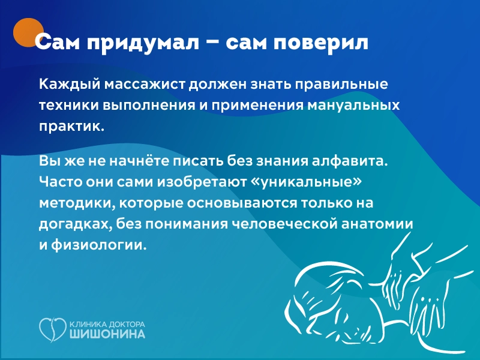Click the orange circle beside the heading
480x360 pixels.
click(29, 32)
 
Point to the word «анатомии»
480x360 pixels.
click(384, 224)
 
